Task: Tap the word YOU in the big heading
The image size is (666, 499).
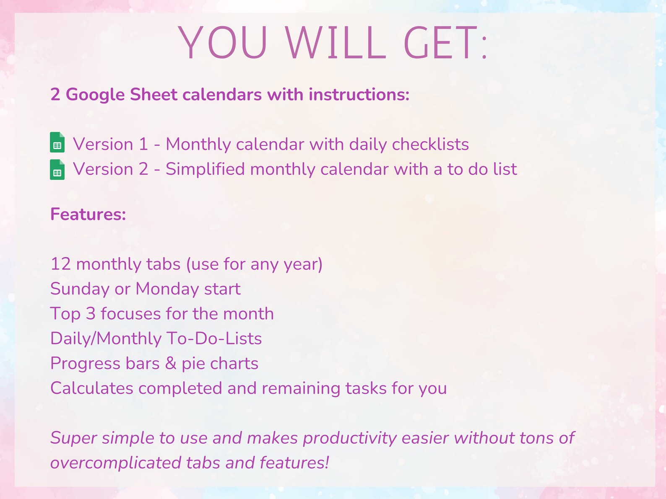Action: (223, 43)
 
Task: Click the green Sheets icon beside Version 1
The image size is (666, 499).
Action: (57, 142)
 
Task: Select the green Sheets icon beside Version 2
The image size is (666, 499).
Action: (57, 169)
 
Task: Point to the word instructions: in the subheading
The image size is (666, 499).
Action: (359, 95)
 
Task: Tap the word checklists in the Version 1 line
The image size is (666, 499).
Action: (430, 144)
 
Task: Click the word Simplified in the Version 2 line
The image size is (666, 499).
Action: (205, 169)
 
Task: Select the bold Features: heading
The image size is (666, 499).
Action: (88, 215)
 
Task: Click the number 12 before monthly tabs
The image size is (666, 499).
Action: (60, 264)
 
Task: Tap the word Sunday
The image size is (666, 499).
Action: (80, 289)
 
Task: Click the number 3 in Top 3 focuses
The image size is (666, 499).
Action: (91, 314)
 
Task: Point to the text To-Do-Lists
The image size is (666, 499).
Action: (214, 339)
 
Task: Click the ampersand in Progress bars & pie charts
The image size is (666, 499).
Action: (171, 363)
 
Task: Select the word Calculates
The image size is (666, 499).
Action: (92, 388)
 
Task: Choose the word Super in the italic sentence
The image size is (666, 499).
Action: (73, 438)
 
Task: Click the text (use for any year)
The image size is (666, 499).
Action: (254, 264)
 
